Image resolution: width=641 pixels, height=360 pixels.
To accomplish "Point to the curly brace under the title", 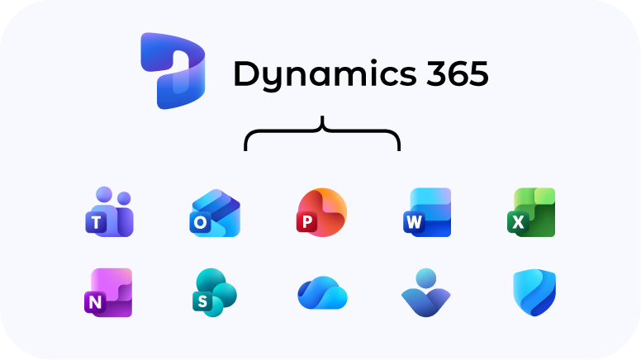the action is point(322,134).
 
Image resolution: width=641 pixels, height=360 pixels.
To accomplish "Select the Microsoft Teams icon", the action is point(107,212).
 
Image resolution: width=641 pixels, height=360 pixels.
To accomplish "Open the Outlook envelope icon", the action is point(215,213).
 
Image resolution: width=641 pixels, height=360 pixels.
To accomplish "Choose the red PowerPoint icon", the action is point(321,213).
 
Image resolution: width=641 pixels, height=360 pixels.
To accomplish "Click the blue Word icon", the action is point(428,213).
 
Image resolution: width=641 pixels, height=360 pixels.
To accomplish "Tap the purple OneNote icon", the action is point(108,292).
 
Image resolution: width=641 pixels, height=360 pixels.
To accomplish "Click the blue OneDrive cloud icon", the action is point(321,293).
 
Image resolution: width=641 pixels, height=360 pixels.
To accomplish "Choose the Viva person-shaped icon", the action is point(426,292).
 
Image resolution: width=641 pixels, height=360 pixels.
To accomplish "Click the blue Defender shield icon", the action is point(534,293).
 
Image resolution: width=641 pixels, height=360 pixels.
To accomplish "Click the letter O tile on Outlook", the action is point(201,222).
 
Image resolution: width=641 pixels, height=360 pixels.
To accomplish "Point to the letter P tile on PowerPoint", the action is point(306,222).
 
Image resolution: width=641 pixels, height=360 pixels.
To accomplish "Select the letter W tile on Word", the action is point(413,222).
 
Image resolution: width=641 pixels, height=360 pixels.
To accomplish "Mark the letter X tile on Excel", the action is point(519,222).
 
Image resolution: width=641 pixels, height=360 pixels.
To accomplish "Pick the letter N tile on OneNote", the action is point(96,303).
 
